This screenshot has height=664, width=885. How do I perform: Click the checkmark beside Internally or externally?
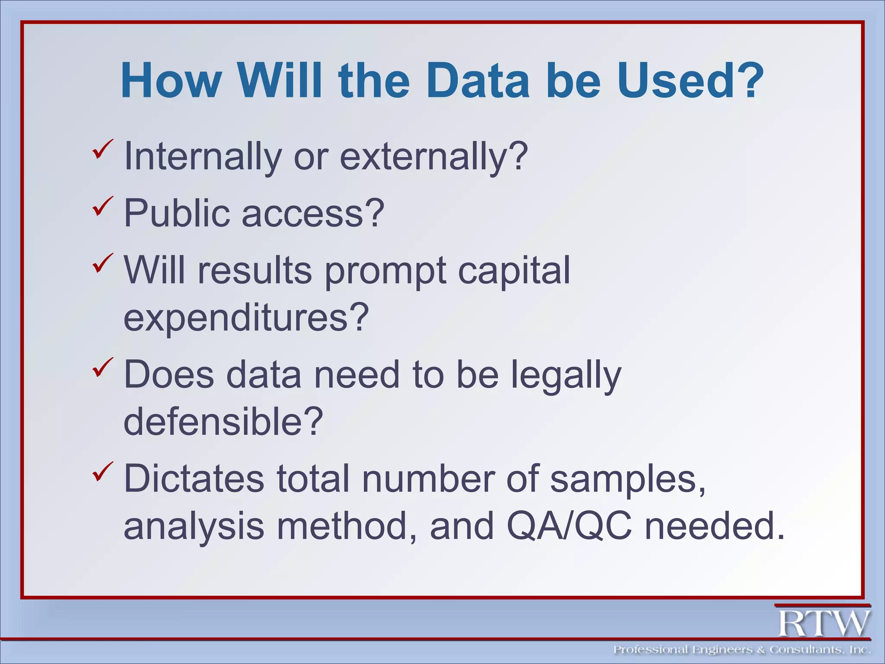coord(102,150)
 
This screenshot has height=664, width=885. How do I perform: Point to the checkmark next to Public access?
coord(102,207)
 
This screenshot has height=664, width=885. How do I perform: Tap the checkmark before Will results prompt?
coord(102,264)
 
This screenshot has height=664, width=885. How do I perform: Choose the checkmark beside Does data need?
coord(102,368)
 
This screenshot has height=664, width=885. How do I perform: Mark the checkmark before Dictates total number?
coord(102,472)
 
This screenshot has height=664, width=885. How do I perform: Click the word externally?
coord(434,156)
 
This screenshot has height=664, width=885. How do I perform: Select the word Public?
coord(177,213)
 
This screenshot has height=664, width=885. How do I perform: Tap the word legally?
coord(566,375)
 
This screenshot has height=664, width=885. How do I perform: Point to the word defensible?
coord(223,421)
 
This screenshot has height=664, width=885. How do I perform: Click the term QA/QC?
coord(569,526)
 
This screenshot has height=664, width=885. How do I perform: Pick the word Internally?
coord(203,156)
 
